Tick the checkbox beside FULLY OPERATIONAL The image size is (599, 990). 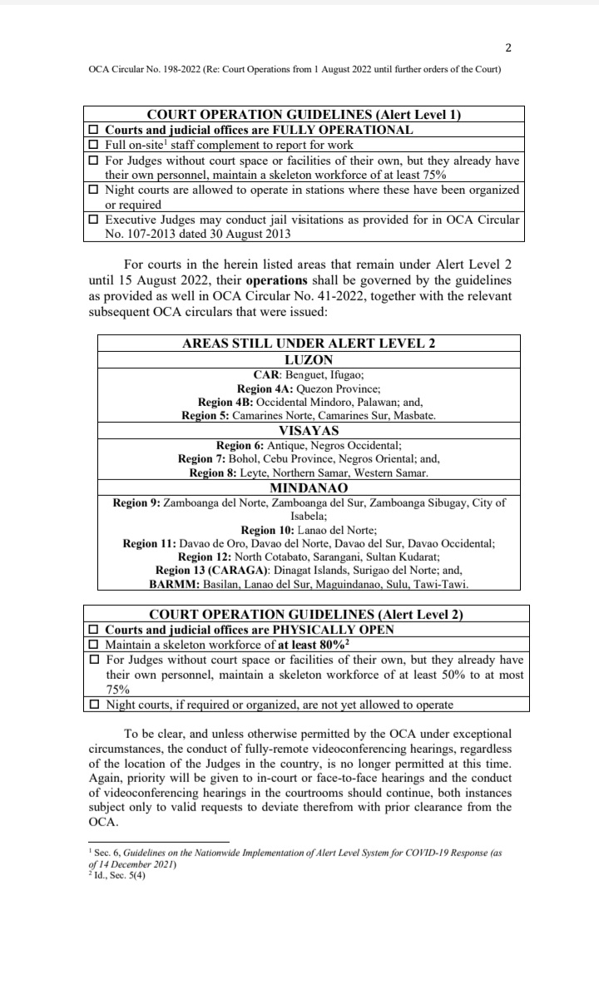click(x=94, y=130)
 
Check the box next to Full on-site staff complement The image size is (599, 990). click(x=94, y=145)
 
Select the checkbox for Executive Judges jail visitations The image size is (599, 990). click(x=94, y=220)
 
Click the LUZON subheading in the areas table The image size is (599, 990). click(x=309, y=360)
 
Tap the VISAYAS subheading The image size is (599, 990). click(x=309, y=431)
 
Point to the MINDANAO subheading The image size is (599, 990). click(x=309, y=488)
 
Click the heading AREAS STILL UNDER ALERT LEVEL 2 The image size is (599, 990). click(x=309, y=344)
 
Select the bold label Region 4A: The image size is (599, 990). click(x=266, y=389)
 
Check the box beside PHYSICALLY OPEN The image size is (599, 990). click(x=94, y=629)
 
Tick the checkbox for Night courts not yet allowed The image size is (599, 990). click(x=94, y=704)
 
